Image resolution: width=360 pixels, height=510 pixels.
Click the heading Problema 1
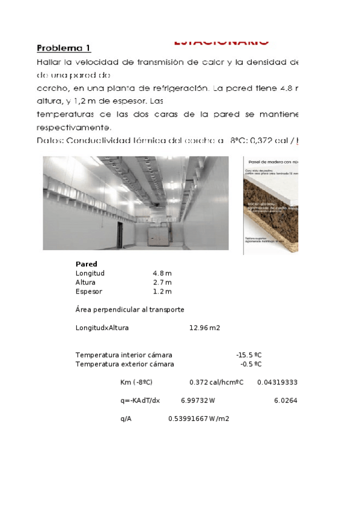64,48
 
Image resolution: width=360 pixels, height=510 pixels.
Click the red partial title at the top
221,42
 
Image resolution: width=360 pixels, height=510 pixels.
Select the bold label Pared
87,264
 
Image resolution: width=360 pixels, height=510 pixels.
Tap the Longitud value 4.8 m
162,273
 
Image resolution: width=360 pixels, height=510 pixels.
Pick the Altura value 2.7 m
162,282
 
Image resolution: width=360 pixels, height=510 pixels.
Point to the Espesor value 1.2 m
162,292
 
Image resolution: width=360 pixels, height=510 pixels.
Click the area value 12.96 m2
204,328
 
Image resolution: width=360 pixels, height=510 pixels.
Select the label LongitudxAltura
102,328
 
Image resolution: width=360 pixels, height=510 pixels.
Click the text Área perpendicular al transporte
130,309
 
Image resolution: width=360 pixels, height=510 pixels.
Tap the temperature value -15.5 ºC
249,355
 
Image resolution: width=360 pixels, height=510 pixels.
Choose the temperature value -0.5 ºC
251,364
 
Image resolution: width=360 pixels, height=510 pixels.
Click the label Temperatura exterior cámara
124,364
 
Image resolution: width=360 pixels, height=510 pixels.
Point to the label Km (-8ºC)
136,382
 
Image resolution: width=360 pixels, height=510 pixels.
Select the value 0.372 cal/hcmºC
216,382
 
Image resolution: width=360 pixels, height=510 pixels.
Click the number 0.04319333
277,382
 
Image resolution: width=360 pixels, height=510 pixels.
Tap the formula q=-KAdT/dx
140,401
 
